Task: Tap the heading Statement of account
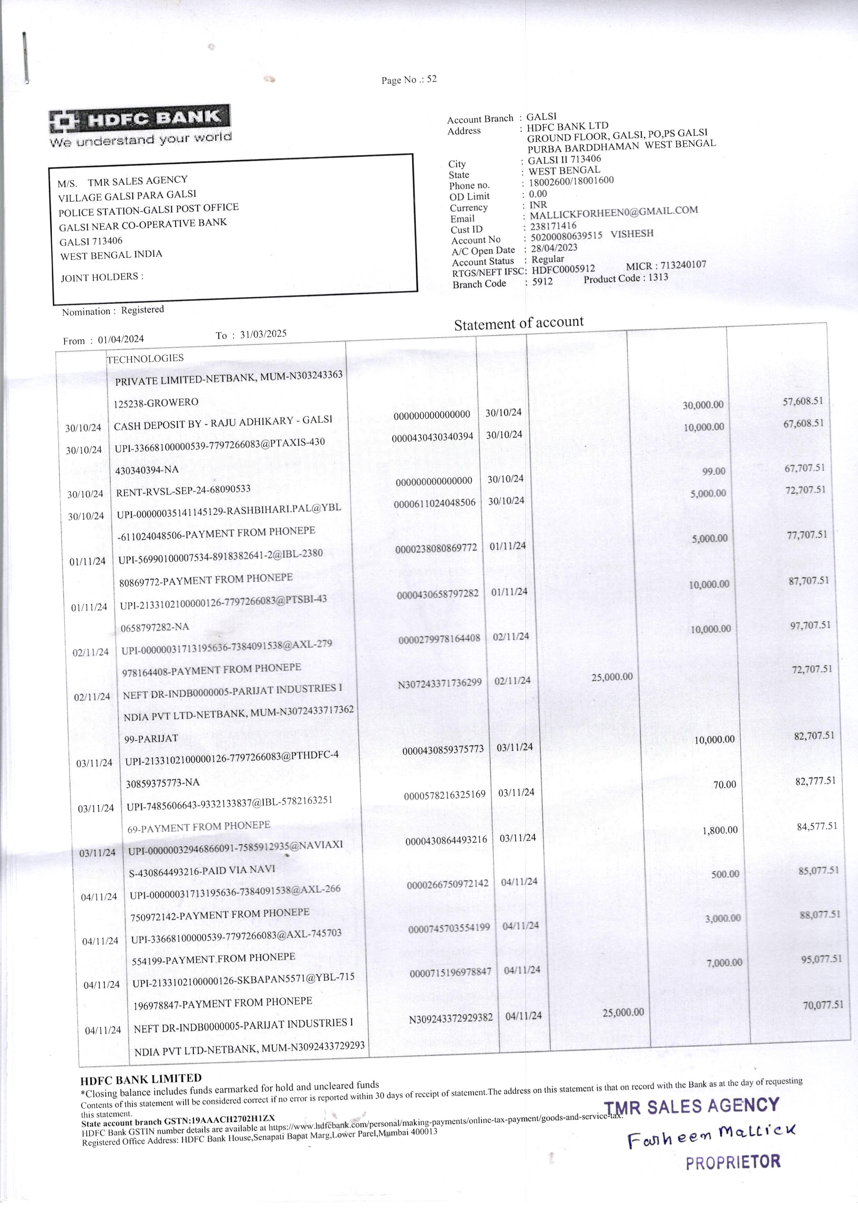518,323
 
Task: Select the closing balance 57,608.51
803,401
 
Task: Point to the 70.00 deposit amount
724,784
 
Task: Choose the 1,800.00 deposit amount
720,830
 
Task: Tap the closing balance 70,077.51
823,1005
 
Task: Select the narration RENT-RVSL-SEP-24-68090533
183,490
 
